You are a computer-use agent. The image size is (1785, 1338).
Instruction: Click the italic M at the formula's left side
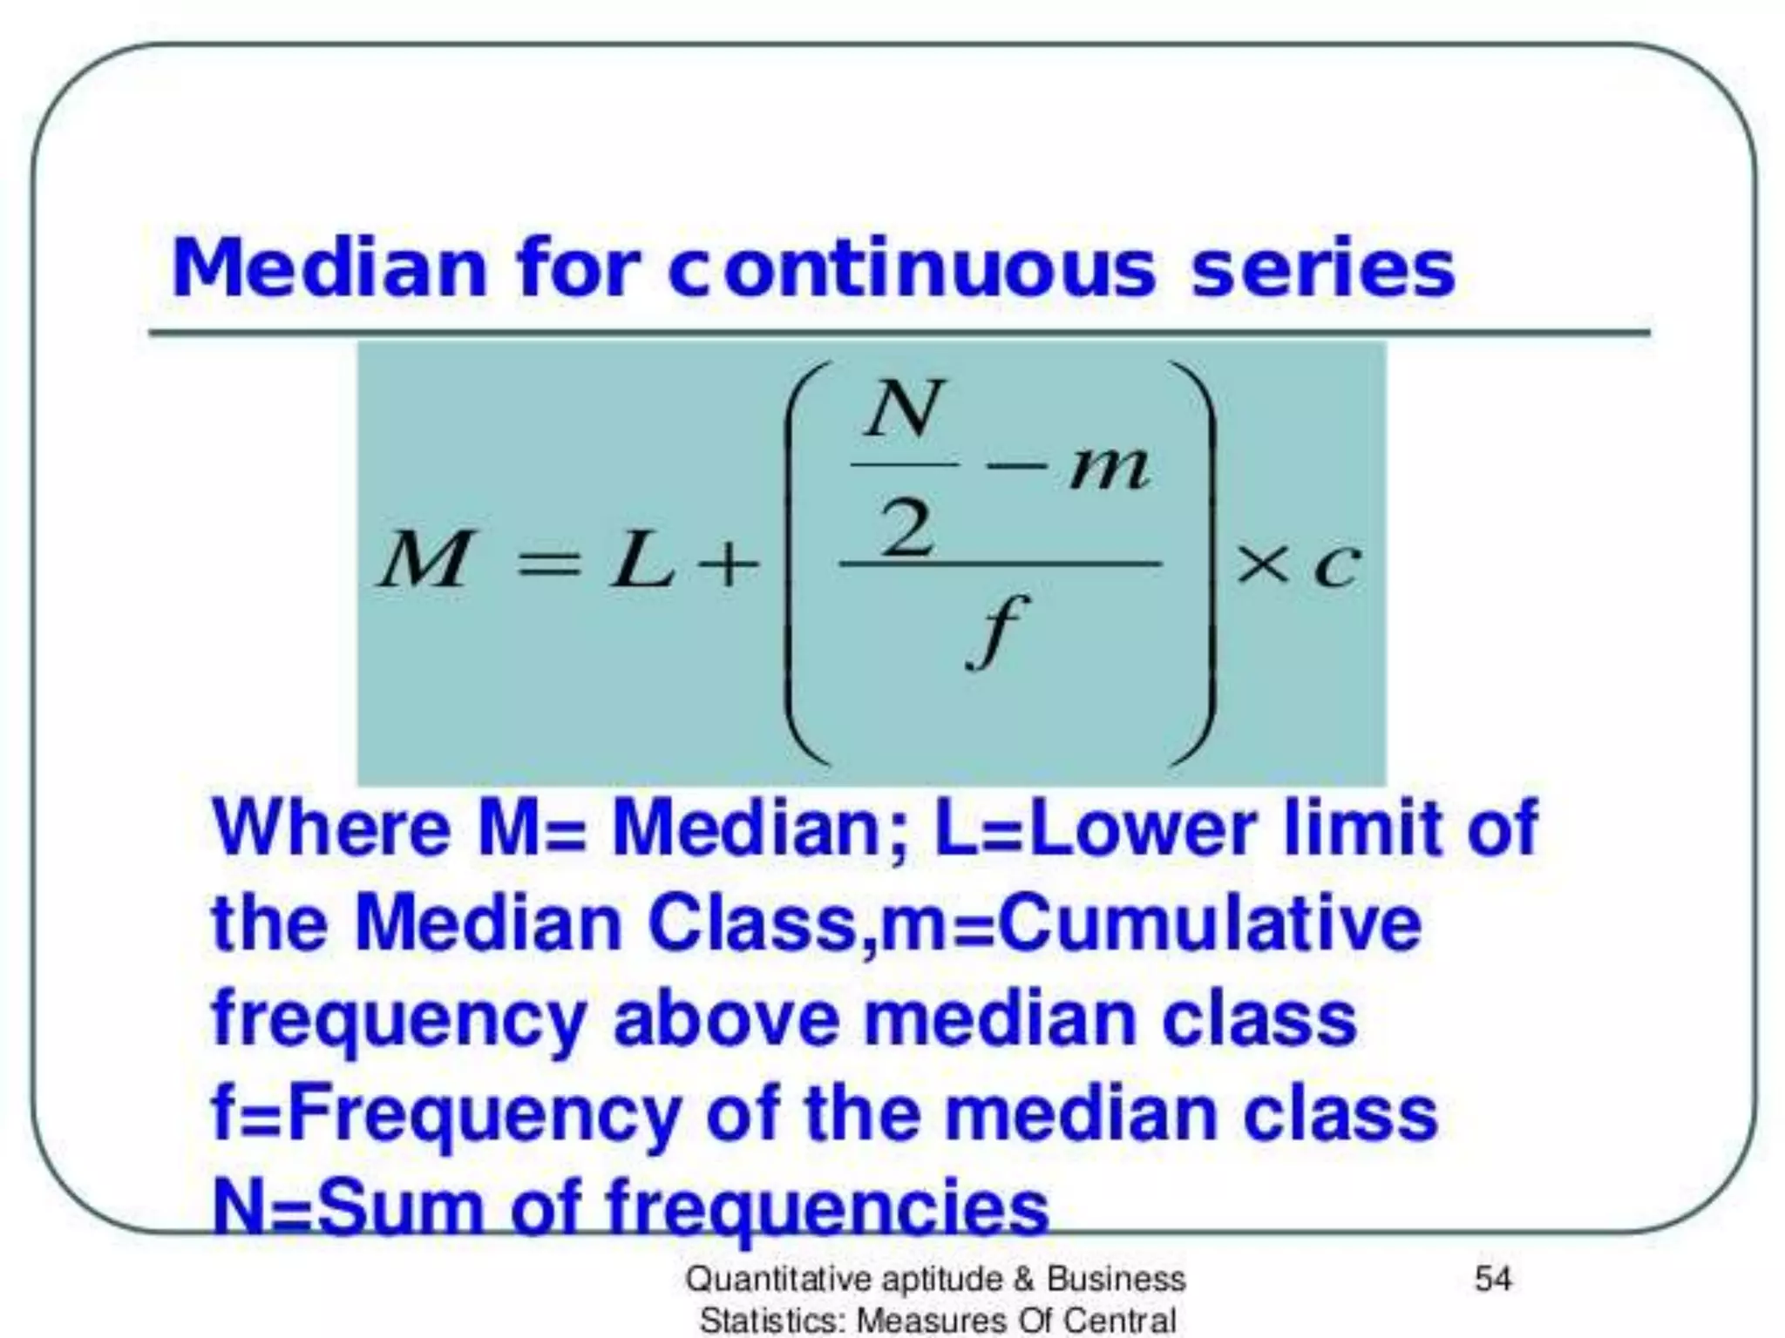pyautogui.click(x=424, y=560)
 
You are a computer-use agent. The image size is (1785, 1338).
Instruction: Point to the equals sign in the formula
pyautogui.click(x=548, y=564)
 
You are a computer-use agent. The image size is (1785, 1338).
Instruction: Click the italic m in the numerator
pyautogui.click(x=1109, y=469)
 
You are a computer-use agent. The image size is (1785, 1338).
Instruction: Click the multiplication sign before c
pyautogui.click(x=1261, y=565)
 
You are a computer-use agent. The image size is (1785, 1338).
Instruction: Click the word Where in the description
pyautogui.click(x=331, y=828)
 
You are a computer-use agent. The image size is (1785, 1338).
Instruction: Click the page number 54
pyautogui.click(x=1492, y=1279)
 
